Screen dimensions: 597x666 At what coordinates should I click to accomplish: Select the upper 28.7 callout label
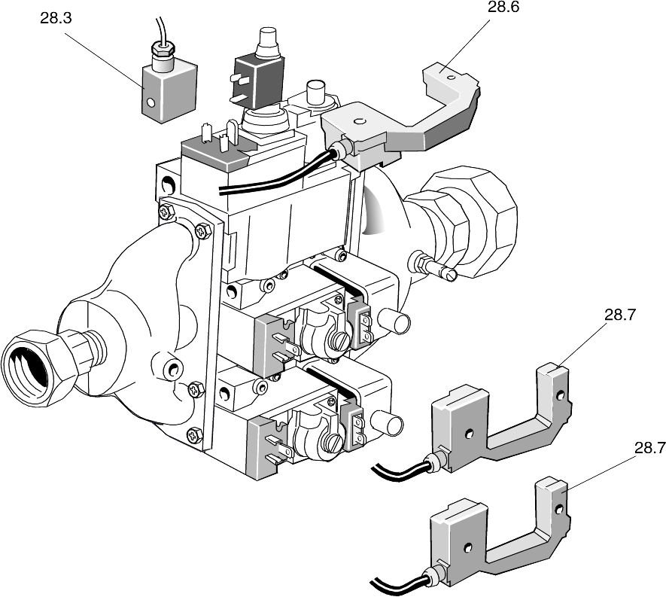pyautogui.click(x=619, y=315)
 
